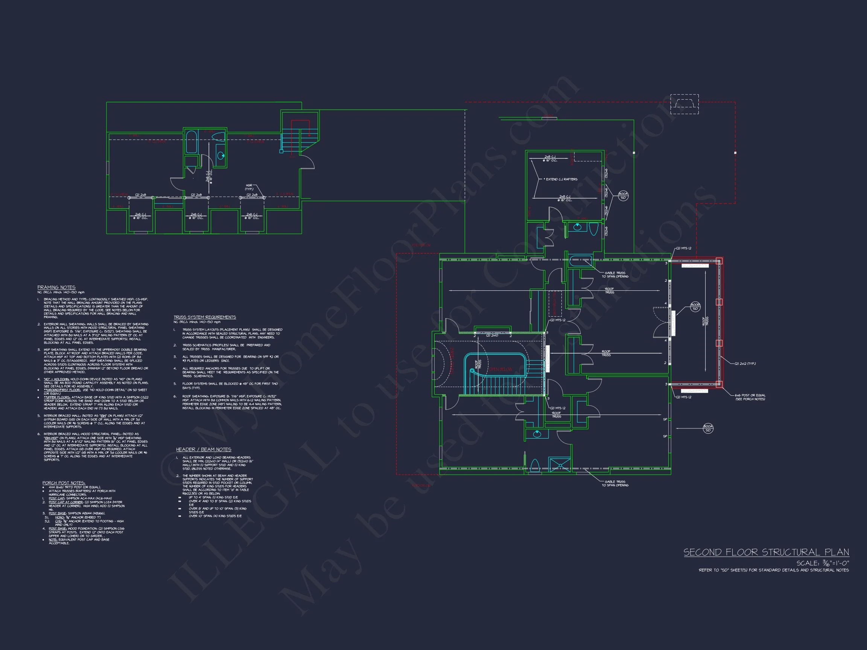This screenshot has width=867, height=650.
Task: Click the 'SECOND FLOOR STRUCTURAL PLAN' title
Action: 766,553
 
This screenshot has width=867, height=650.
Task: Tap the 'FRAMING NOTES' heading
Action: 56,287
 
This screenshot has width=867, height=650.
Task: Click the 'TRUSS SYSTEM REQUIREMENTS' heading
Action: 205,317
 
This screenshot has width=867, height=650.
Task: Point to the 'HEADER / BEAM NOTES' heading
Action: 204,450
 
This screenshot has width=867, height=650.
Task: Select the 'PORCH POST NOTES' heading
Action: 64,483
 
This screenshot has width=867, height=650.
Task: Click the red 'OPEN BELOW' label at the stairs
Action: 500,369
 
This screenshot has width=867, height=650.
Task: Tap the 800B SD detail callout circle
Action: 695,307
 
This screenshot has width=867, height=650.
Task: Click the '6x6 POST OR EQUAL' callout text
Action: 750,395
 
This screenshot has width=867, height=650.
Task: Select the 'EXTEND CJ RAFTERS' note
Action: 561,179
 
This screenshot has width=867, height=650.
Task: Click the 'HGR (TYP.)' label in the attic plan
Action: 249,187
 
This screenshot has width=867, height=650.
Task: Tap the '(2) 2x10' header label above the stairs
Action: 492,336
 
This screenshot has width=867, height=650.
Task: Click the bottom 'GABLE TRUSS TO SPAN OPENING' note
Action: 615,483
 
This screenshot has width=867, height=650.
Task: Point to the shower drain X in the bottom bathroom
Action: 560,464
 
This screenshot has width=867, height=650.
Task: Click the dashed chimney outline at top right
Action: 684,104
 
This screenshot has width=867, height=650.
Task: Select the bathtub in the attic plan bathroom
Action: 191,142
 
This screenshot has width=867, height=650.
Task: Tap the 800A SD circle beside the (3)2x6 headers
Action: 623,196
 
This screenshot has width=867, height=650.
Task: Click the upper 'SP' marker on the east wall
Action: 665,419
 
